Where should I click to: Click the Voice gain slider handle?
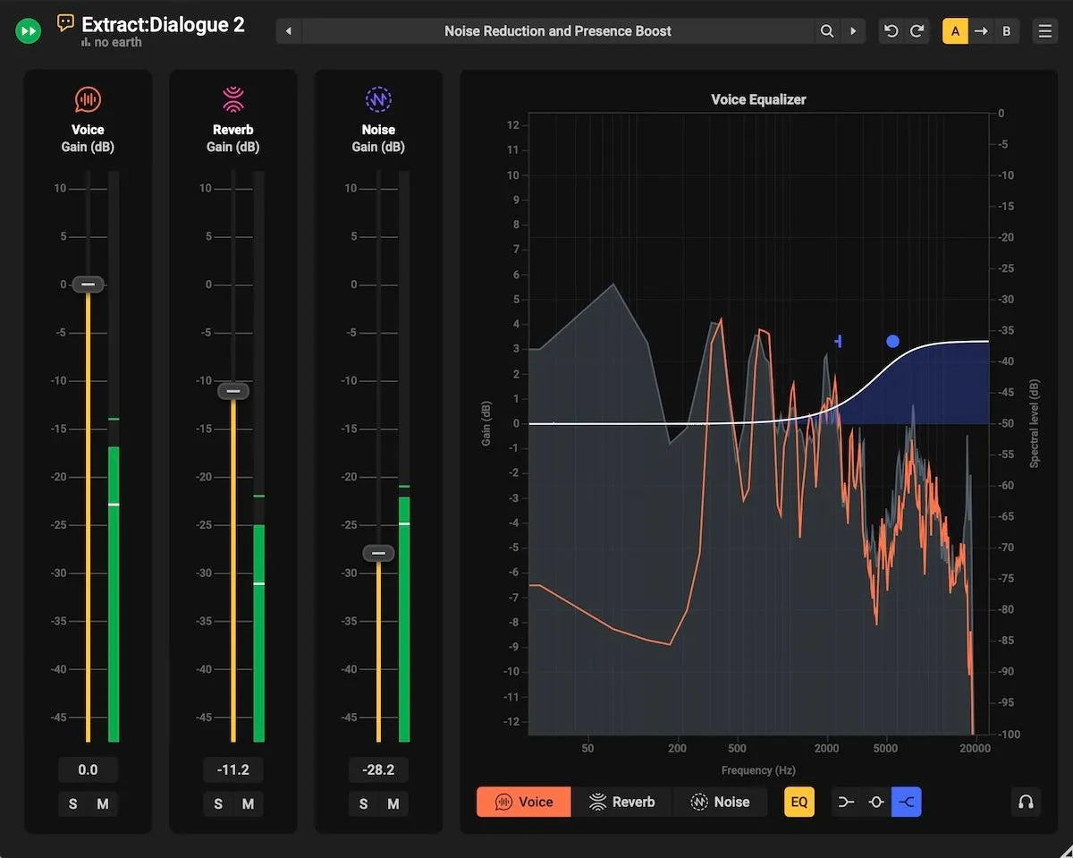coord(88,285)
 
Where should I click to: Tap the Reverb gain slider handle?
coord(233,391)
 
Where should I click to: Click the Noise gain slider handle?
coord(378,554)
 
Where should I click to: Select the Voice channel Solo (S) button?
coord(73,804)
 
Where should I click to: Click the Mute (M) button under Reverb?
coord(248,804)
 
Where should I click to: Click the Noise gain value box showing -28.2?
coord(378,769)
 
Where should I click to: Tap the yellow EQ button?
coord(799,802)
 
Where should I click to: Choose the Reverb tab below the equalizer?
coord(622,802)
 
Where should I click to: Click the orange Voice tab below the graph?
coord(524,802)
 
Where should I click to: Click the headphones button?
coord(1026,802)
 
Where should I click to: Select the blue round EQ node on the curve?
coord(892,341)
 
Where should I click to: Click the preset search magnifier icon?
coord(827,31)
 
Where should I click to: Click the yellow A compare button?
coord(955,31)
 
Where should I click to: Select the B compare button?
coord(1006,31)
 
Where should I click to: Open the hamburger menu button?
coord(1044,31)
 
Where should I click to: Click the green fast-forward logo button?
coord(29,31)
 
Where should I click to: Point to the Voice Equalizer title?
coord(758,99)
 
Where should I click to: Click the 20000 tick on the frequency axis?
coord(975,748)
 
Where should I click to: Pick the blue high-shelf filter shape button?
coord(906,802)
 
